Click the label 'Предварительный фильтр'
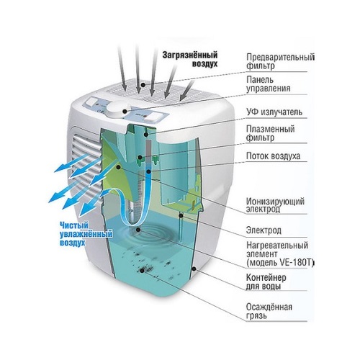point(280,61)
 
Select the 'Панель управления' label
point(269,84)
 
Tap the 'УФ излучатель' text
point(274,112)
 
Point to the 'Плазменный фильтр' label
point(271,133)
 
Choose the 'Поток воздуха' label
point(273,156)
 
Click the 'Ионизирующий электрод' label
point(275,205)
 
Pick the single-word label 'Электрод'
point(264,230)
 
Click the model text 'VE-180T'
point(297,263)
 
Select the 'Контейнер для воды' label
point(266,282)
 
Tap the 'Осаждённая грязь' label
point(269,311)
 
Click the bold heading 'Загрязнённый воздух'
point(190,59)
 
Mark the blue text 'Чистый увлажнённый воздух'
point(86,234)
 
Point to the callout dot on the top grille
point(143,84)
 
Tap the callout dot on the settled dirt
point(142,271)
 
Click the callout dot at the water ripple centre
point(138,230)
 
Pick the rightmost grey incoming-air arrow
point(187,90)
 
